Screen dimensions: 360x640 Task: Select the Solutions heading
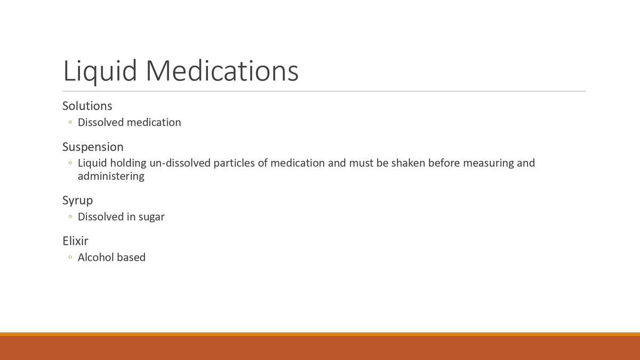pos(87,106)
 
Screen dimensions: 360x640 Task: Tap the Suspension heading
pos(93,147)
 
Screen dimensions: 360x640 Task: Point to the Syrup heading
pos(77,201)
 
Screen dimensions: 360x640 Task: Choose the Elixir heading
pos(75,241)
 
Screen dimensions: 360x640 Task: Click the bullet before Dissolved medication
pos(70,123)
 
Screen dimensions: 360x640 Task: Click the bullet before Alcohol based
pos(70,258)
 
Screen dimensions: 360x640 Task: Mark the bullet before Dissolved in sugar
pos(70,217)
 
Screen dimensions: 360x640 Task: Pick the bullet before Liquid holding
pos(70,163)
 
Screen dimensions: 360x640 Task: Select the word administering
pos(111,176)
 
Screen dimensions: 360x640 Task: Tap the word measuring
pos(488,163)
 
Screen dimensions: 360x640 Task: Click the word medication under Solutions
pos(155,122)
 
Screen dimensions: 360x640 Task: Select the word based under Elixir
pos(132,257)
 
